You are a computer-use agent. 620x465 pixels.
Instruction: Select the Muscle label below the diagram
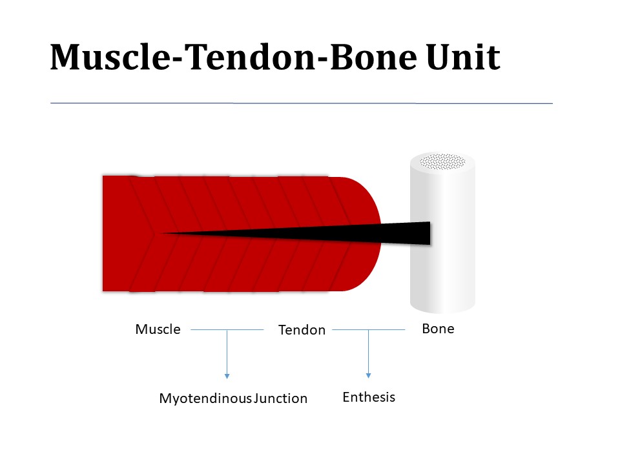158,329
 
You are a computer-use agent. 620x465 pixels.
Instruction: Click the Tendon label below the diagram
302,330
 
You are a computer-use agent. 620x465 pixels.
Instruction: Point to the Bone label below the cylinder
438,329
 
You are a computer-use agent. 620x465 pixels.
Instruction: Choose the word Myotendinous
205,398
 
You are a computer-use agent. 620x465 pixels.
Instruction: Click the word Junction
280,398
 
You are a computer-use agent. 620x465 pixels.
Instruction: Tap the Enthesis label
368,397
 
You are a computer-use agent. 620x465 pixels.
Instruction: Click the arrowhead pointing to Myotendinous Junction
227,375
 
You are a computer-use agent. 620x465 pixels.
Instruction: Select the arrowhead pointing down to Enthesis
368,375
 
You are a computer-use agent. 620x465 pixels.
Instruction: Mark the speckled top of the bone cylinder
442,161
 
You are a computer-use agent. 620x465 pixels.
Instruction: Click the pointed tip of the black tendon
165,232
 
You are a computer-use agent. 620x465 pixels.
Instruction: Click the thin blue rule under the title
301,103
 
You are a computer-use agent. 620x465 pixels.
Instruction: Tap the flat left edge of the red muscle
104,233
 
